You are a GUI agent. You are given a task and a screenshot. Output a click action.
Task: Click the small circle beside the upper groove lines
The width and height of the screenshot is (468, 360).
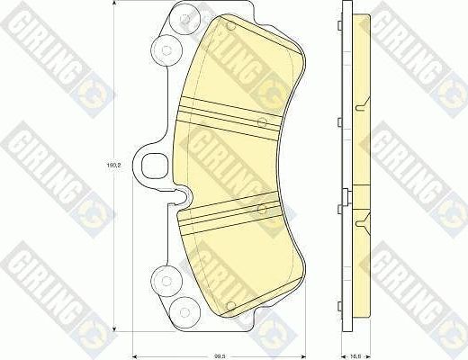[260, 121]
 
